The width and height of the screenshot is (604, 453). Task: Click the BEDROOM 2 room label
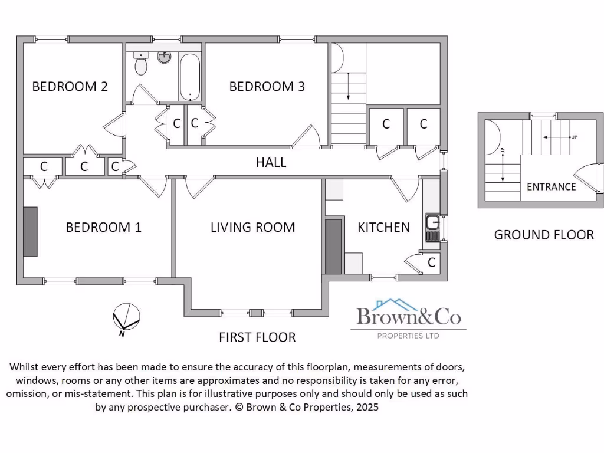[70, 87]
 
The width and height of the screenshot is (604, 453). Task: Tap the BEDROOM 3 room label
[267, 87]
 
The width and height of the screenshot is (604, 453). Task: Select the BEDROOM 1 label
[103, 227]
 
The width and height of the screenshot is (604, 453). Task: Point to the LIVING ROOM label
[252, 227]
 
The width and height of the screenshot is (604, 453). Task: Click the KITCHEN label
[383, 227]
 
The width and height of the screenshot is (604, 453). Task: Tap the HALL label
[271, 162]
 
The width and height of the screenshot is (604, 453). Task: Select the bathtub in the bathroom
[190, 77]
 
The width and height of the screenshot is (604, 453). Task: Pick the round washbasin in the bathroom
[164, 57]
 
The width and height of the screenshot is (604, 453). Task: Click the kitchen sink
[432, 226]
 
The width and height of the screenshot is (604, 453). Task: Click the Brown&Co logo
[408, 319]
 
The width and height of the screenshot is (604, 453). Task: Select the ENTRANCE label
[551, 187]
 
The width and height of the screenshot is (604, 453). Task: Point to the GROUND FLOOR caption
[543, 235]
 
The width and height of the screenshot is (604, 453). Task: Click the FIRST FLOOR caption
[257, 337]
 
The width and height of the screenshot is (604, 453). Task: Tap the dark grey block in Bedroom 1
[30, 231]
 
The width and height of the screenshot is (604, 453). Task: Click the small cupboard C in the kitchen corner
[431, 262]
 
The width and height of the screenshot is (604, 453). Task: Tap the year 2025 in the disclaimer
[366, 407]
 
